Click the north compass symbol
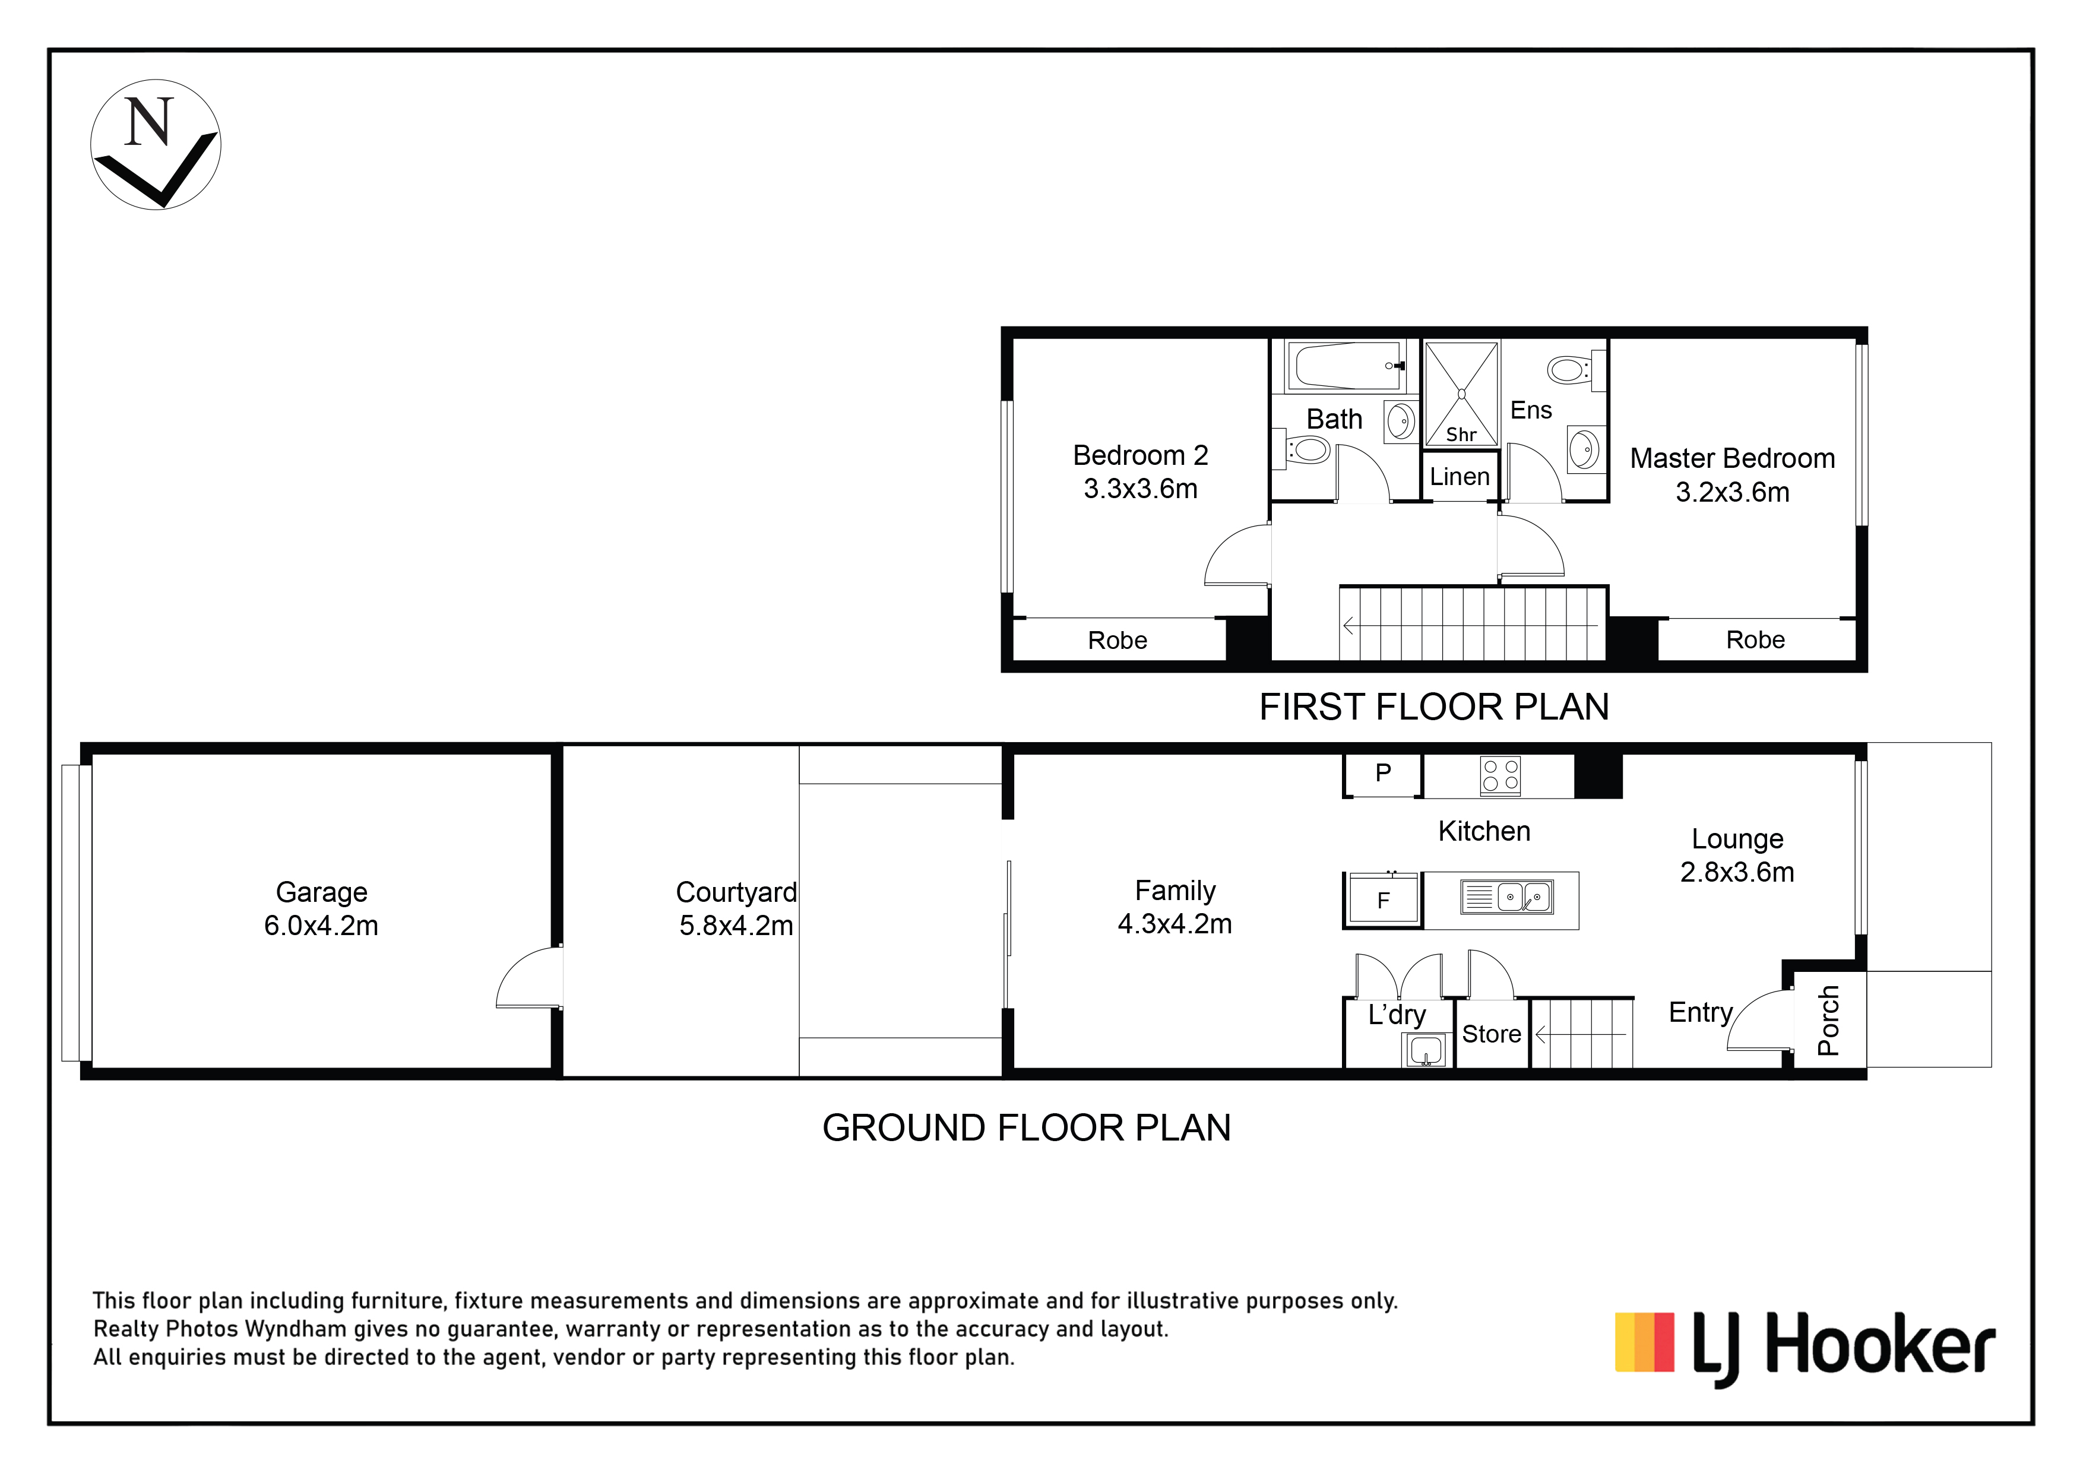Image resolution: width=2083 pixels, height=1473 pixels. (156, 145)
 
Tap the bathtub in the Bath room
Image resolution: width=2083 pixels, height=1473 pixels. (1346, 366)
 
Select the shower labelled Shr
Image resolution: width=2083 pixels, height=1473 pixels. (1461, 394)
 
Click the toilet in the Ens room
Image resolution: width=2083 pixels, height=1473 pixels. (1575, 370)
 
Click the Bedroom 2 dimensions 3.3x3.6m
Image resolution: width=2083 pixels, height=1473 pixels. (1141, 489)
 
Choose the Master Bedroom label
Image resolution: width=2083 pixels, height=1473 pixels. (1732, 458)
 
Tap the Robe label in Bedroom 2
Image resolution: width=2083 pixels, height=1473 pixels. (1118, 641)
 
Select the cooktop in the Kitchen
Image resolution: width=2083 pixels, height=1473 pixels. (1500, 777)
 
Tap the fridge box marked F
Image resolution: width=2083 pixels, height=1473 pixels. (1382, 899)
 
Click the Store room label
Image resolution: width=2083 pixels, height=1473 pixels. (1492, 1034)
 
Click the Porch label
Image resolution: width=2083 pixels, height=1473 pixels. (1829, 1021)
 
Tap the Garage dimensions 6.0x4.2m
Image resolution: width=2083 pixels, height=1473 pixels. (321, 926)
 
